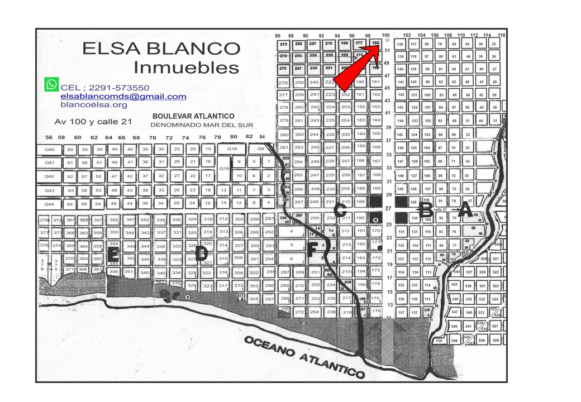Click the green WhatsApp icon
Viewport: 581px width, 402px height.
[51, 85]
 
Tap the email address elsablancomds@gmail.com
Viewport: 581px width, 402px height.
[123, 97]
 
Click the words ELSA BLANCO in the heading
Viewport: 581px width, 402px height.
[161, 49]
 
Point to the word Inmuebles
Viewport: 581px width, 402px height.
[187, 68]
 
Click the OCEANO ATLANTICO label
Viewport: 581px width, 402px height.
[304, 356]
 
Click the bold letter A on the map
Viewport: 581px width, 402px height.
[465, 212]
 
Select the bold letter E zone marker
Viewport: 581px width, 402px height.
[113, 254]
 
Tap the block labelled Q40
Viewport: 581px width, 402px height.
[50, 150]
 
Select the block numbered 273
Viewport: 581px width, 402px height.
[283, 44]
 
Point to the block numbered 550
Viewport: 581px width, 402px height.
[439, 340]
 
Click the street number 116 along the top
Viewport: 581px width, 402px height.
[501, 35]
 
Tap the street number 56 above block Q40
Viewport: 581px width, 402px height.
[49, 137]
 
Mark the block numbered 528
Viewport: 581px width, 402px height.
[495, 340]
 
